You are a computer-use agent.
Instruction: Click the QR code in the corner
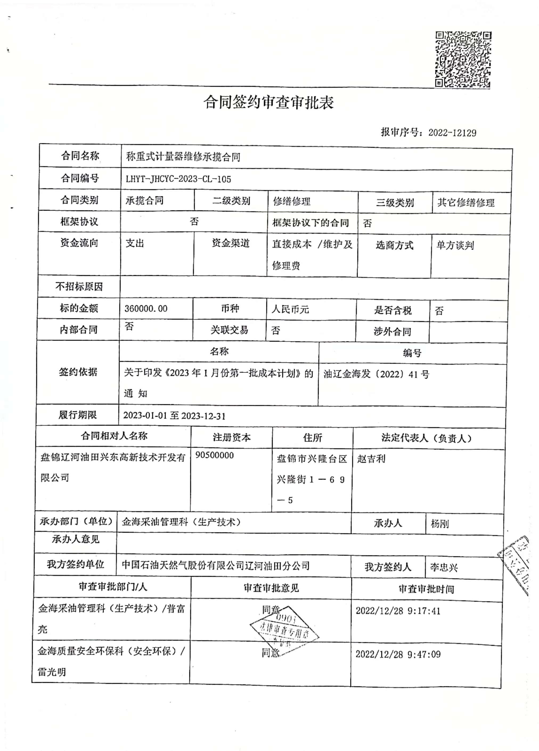point(463,60)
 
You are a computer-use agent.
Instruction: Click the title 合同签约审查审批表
point(268,102)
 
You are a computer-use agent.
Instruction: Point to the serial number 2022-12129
point(452,133)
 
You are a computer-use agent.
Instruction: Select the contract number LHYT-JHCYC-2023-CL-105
point(178,179)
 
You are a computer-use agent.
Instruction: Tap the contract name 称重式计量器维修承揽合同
point(183,157)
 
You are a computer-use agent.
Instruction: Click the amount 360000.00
point(146,309)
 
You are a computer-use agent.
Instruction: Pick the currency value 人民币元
point(290,309)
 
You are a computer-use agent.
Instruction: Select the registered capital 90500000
point(215,455)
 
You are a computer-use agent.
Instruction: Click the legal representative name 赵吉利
point(371,459)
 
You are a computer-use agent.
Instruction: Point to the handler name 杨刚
point(440,524)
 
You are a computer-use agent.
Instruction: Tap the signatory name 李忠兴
point(444,568)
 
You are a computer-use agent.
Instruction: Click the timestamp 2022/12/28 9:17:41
point(398,611)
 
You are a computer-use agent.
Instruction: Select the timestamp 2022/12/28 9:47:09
point(398,654)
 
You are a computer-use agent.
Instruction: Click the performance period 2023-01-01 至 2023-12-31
point(174,416)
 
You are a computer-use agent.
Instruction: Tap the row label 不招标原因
point(79,287)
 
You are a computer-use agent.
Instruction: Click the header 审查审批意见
point(271,588)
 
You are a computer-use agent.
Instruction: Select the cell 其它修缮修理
point(466,202)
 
